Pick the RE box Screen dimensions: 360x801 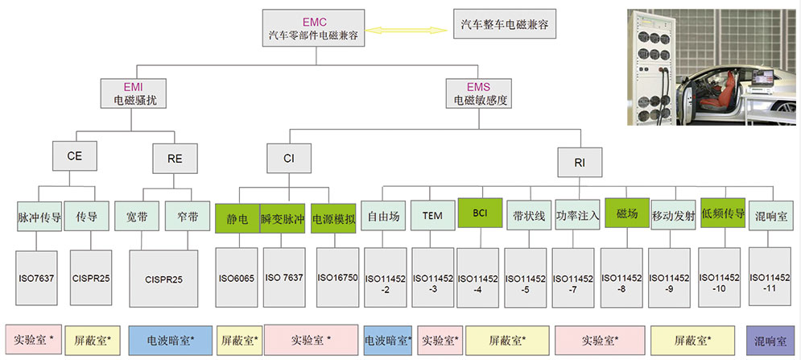pos(175,158)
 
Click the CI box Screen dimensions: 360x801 pos(288,158)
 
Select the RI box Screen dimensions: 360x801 pos(580,162)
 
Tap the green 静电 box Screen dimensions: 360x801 pos(237,217)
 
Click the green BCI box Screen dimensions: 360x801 pos(481,213)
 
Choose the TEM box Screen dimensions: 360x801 pos(432,215)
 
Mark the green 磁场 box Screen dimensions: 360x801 pos(626,213)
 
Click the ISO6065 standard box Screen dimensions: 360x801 pos(237,277)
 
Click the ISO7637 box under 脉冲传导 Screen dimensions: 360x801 pos(37,277)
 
